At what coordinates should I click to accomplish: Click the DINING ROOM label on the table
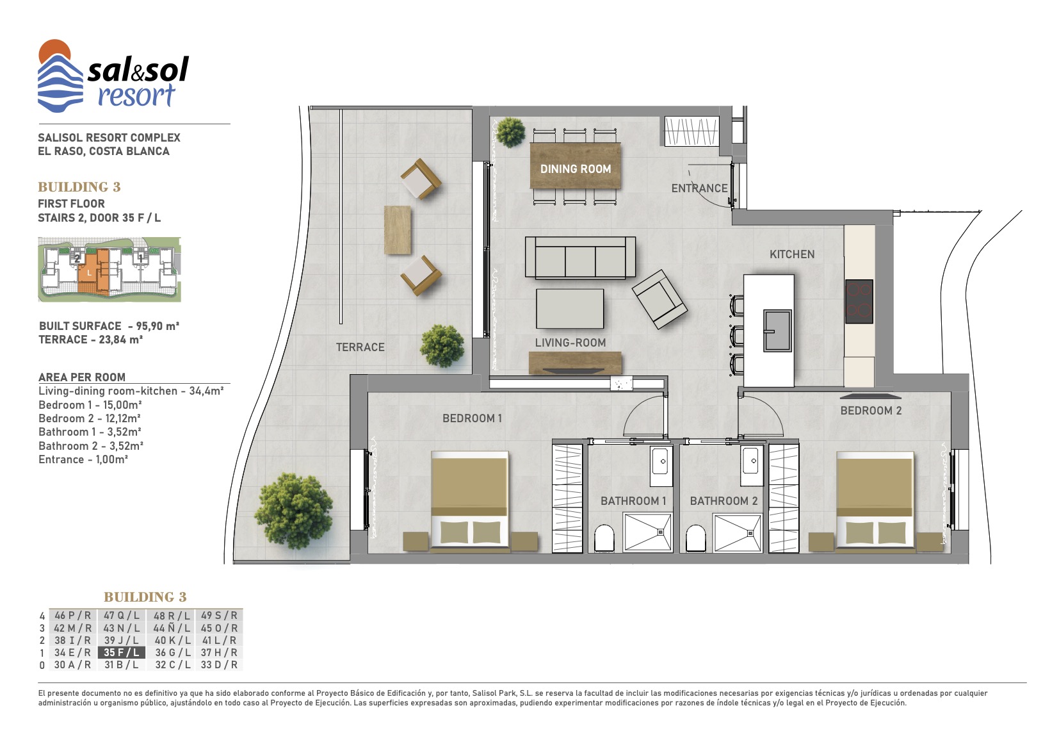coord(576,169)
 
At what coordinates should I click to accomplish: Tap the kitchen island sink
coord(777,331)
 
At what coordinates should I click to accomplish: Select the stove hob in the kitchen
coord(859,301)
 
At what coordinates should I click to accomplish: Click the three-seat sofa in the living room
coord(580,257)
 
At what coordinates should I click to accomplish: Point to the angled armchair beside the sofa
coord(659,299)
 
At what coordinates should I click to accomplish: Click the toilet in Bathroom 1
coord(604,538)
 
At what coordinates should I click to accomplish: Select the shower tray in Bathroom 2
coord(737,533)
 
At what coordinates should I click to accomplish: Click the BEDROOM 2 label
coord(871,411)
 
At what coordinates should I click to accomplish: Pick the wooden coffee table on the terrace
coord(397,230)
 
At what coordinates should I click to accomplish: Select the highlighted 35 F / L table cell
coord(121,652)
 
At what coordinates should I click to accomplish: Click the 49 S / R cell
coord(219,616)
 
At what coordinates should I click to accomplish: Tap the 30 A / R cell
coord(72,665)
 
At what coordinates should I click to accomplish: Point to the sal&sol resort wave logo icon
coord(60,76)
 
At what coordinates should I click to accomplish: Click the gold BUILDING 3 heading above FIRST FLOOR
coord(79,187)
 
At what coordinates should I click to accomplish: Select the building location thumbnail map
coord(109,269)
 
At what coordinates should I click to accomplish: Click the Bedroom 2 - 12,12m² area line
coord(90,418)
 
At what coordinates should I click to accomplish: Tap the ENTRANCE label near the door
coord(699,188)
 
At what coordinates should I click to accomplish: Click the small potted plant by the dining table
coord(510,131)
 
